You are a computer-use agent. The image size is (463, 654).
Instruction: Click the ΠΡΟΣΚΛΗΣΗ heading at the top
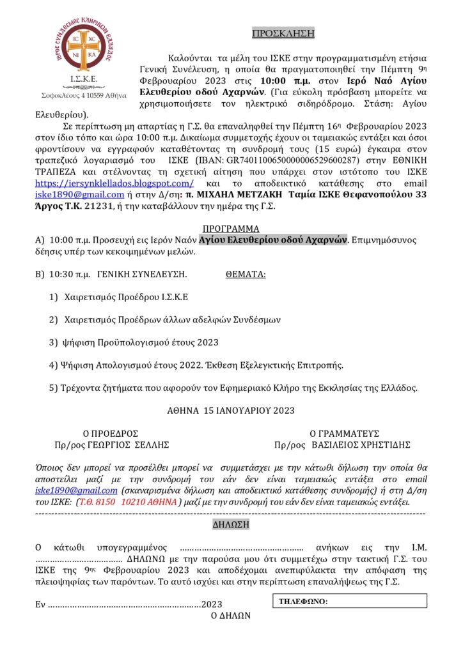(x=274, y=33)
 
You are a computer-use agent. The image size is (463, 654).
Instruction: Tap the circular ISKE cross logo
(x=81, y=47)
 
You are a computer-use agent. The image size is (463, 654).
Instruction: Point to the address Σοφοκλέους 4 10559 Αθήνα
(x=80, y=96)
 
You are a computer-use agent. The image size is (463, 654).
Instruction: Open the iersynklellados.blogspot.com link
(x=108, y=183)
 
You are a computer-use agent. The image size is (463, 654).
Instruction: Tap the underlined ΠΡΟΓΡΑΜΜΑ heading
(x=231, y=229)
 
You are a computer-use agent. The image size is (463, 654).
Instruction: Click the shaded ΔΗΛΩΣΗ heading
(x=231, y=525)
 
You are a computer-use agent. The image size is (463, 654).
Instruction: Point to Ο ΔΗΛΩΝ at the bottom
(x=231, y=616)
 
